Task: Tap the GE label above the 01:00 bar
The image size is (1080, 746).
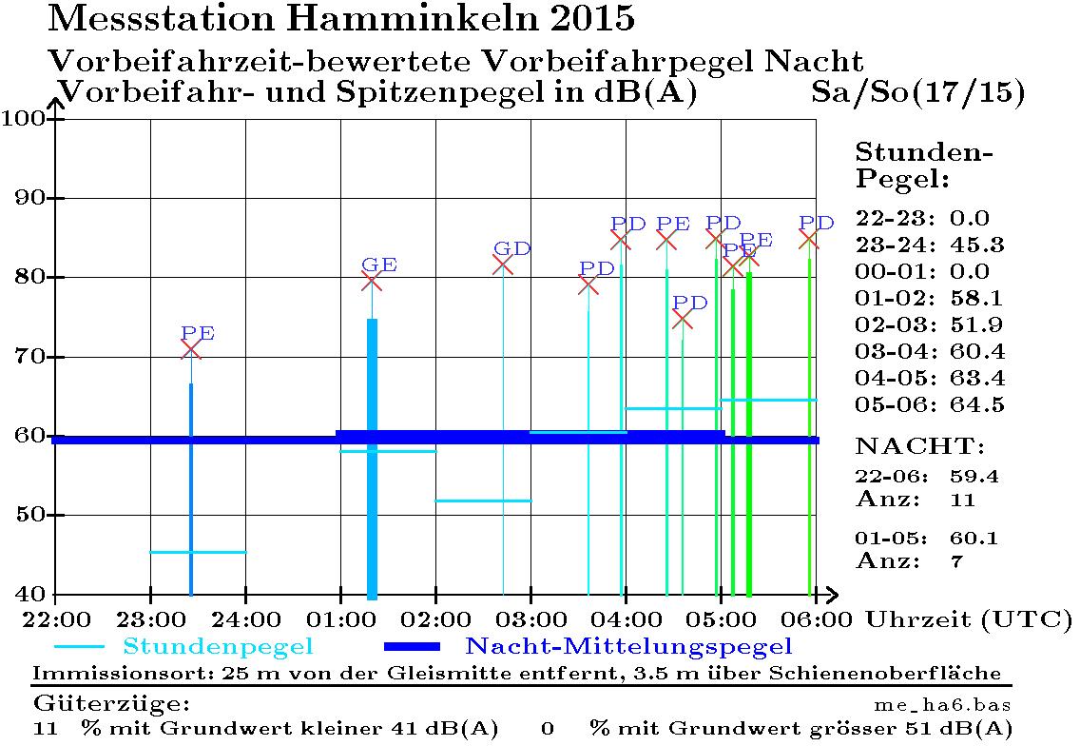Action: tap(379, 265)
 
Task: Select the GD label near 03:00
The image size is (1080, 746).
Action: tap(512, 249)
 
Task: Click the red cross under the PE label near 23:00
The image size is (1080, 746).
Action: tap(191, 349)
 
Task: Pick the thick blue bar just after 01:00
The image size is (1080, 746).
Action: tap(372, 457)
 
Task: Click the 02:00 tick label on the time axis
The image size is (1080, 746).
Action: tap(436, 618)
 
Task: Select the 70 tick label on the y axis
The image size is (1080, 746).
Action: tap(29, 357)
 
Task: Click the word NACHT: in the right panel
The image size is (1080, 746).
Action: tap(920, 446)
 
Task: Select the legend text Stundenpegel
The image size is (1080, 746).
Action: tap(219, 647)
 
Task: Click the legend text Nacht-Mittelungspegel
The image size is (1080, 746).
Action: tap(628, 647)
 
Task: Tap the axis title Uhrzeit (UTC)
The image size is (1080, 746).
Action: tap(969, 618)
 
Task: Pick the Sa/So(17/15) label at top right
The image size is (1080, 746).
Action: tap(918, 92)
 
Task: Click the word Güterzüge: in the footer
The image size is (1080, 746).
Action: tap(112, 705)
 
